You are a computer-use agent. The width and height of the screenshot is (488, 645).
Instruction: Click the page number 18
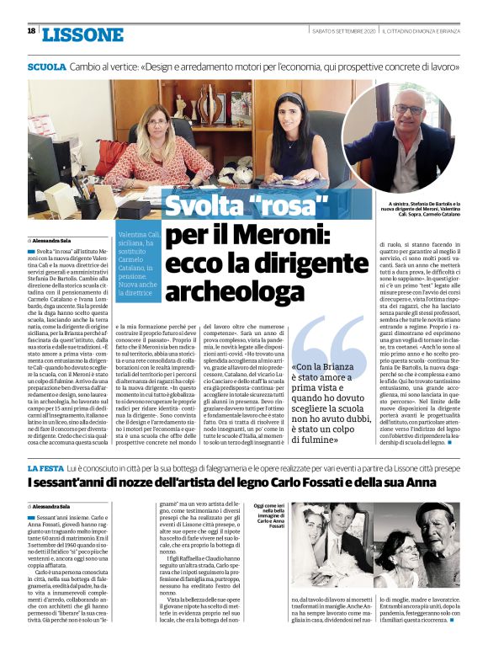coord(31,31)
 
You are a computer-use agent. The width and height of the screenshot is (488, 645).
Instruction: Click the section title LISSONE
coord(82,35)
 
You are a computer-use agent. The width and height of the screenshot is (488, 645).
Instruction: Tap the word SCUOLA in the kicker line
coord(46,66)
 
